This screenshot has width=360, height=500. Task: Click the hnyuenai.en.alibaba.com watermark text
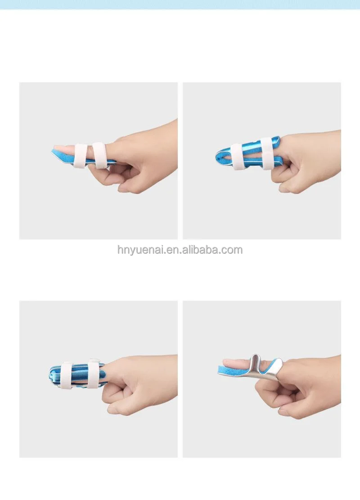[x=180, y=250]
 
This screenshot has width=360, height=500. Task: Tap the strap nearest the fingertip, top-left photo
[x=81, y=155]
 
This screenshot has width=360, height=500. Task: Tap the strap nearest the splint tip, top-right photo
[x=236, y=158]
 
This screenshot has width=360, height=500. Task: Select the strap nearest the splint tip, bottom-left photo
[x=68, y=374]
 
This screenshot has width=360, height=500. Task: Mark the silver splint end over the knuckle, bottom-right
[x=275, y=367]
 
